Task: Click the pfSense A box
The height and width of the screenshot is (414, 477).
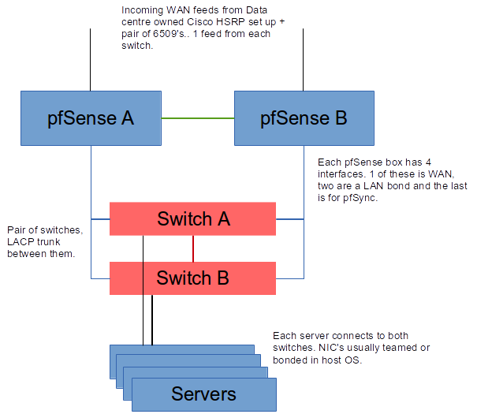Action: (91, 118)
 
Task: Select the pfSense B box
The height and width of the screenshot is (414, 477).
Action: (304, 118)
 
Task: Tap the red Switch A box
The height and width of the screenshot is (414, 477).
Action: (193, 218)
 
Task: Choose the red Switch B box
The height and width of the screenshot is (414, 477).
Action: (193, 278)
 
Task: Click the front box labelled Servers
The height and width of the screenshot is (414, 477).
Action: (203, 393)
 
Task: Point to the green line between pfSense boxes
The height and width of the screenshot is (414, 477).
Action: (198, 118)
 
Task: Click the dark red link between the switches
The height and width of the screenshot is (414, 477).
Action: (193, 248)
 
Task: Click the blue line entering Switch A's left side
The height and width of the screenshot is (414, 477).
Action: (100, 218)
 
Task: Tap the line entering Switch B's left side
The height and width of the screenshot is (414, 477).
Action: (100, 278)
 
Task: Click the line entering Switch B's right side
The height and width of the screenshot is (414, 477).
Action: (289, 278)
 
